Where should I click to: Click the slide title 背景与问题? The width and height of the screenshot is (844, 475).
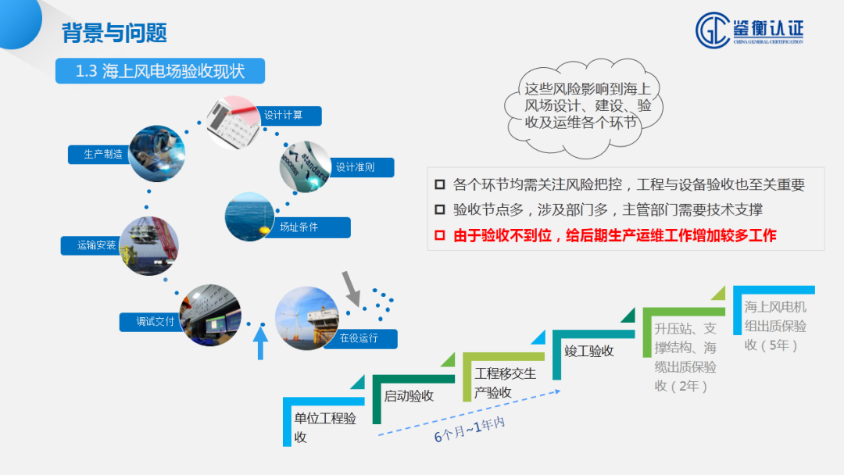pos(114,32)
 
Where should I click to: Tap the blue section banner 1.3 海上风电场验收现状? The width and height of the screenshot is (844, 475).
pos(160,71)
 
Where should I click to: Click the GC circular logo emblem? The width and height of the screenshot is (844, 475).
pos(712,30)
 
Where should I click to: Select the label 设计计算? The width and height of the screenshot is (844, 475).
pos(283,116)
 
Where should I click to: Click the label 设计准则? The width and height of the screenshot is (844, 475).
pos(356,167)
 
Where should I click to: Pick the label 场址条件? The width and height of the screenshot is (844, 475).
pos(304,228)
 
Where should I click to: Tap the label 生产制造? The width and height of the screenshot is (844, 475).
pos(103,154)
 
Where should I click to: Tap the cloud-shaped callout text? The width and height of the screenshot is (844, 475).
pos(582,105)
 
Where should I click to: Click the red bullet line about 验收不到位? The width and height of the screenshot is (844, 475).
pos(615,234)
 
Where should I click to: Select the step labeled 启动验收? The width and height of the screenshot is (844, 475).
pos(409,395)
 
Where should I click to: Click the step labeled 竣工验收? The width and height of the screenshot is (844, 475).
pos(589,351)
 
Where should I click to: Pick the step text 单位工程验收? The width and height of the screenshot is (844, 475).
pos(324,427)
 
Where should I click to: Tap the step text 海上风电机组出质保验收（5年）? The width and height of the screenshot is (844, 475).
pos(774,325)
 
